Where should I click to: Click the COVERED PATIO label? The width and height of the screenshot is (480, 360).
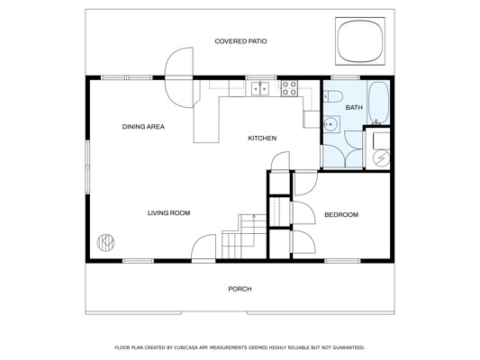(x=240, y=41)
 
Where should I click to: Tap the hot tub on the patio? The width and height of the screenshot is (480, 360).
(x=360, y=41)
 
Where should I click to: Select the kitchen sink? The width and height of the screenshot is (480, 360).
(x=260, y=89)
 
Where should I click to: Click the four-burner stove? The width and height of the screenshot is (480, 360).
(x=289, y=88)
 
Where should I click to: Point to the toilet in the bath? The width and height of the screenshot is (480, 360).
(x=333, y=96)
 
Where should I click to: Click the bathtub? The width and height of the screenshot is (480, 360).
(x=378, y=103)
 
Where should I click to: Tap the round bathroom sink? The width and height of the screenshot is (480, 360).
(x=331, y=124)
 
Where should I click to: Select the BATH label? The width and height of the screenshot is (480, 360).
(x=354, y=108)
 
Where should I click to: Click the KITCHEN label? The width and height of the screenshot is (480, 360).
(x=262, y=139)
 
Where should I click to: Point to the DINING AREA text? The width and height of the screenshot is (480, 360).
(x=143, y=127)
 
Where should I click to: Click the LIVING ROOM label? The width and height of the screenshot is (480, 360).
(x=168, y=213)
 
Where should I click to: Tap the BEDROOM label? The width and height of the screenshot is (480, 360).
(x=341, y=215)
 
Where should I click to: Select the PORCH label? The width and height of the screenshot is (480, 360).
(x=240, y=289)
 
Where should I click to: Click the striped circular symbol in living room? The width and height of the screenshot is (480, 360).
(x=106, y=243)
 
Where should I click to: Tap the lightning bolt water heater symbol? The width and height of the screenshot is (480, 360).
(x=382, y=157)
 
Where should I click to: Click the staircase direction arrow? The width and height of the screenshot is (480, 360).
(x=254, y=230)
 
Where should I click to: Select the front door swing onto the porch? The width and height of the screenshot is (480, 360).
(x=204, y=247)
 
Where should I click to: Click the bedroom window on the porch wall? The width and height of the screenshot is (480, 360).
(x=342, y=261)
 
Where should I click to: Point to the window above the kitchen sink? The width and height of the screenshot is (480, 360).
(x=261, y=77)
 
